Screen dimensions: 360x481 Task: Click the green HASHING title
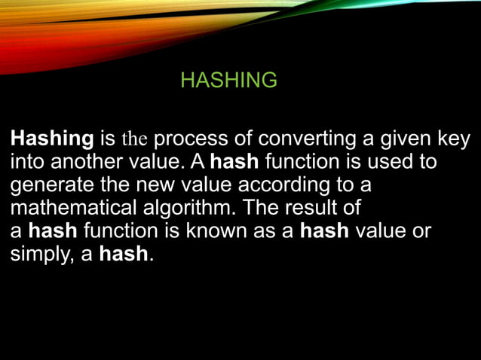coord(229,80)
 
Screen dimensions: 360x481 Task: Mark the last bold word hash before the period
coord(124,253)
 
